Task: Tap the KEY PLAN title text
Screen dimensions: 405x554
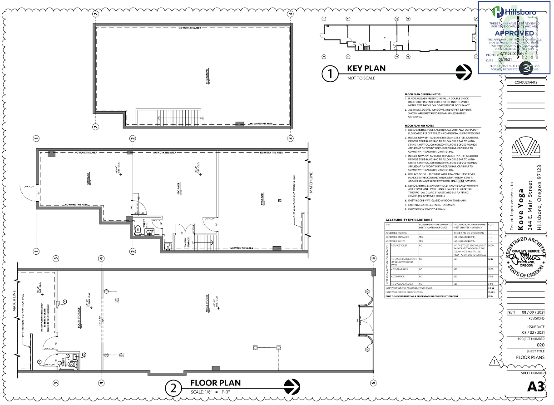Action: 366,69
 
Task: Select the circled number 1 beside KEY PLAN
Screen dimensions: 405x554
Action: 330,74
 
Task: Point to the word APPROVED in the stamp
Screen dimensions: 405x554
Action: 514,33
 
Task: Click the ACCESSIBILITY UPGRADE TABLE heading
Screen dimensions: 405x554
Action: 411,219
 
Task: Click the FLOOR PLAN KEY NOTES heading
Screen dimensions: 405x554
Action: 419,125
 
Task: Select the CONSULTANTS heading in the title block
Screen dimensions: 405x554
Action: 525,82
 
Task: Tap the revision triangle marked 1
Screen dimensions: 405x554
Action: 495,362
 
